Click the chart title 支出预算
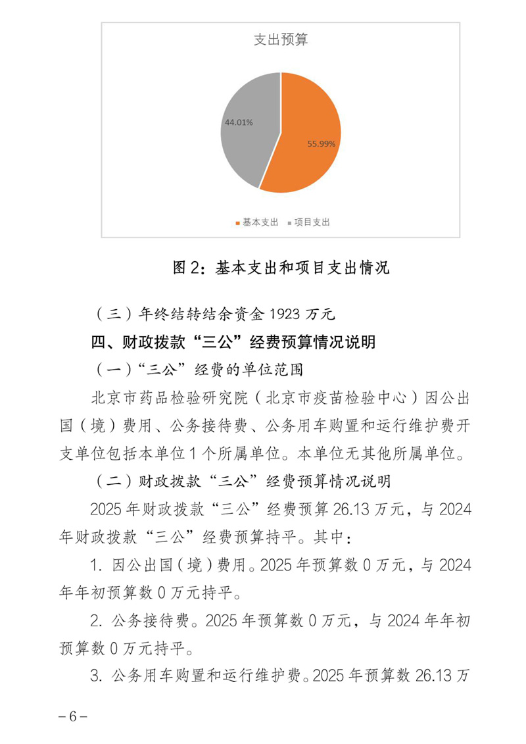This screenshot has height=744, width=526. click(281, 40)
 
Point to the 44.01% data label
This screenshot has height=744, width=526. click(239, 122)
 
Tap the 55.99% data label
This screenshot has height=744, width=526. click(322, 143)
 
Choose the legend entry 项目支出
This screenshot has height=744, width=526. click(312, 222)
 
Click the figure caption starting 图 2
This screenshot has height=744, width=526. click(281, 268)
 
